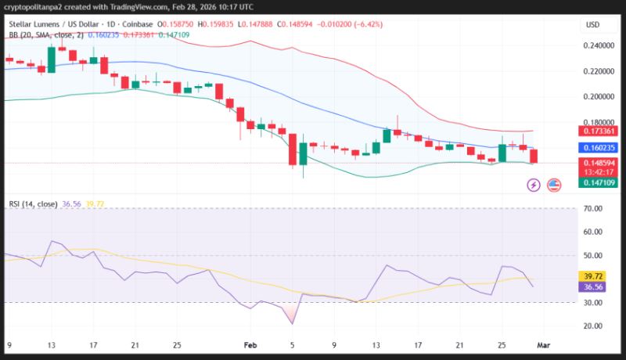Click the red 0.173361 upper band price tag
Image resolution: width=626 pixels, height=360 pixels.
[598, 131]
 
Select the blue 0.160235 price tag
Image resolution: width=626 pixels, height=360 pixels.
[598, 148]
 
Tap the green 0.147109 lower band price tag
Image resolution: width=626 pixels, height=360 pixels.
[598, 183]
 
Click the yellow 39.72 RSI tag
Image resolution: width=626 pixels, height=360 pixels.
[592, 276]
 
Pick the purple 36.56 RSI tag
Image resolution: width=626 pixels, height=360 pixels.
[592, 287]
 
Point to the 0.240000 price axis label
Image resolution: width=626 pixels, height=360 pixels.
[599, 45]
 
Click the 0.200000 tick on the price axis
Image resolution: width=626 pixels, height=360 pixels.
[599, 96]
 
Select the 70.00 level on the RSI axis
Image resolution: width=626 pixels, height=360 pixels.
[593, 209]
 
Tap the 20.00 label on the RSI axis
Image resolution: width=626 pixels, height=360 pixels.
[593, 326]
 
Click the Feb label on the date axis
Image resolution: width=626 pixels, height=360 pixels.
[250, 345]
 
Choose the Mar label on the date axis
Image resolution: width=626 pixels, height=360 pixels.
[543, 345]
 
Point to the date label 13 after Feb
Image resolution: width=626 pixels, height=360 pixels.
[376, 345]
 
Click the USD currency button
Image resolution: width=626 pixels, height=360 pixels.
[592, 25]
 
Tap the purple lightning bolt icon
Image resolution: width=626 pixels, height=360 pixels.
[534, 185]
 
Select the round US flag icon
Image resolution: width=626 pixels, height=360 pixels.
[554, 185]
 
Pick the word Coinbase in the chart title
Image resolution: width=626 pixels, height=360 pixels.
[138, 24]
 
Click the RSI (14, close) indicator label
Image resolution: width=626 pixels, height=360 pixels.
[33, 204]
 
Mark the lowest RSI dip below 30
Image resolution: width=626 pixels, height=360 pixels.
[293, 324]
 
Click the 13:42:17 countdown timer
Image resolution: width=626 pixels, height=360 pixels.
[598, 172]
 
